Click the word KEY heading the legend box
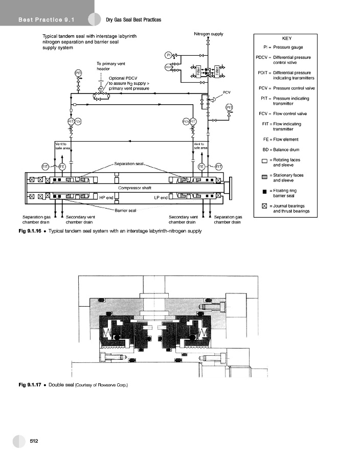286,38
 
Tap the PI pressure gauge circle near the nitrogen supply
168,55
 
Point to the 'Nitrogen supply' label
208,34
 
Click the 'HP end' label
106,197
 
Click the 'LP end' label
161,197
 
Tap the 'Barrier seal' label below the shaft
125,210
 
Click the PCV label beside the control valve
228,93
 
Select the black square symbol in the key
264,192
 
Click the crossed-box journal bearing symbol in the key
264,206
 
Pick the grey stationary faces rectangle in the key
264,177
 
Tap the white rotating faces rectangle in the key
264,162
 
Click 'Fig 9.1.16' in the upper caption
30,231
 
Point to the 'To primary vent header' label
111,66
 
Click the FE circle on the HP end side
62,167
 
